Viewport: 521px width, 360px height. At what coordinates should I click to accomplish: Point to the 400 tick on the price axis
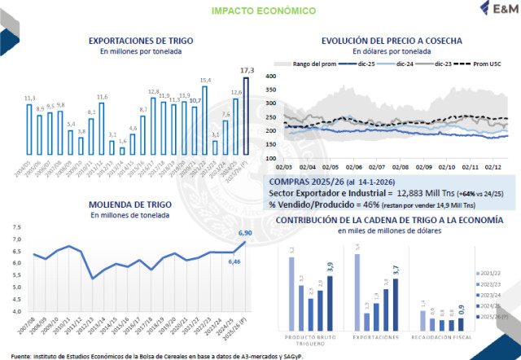pos(274,76)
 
